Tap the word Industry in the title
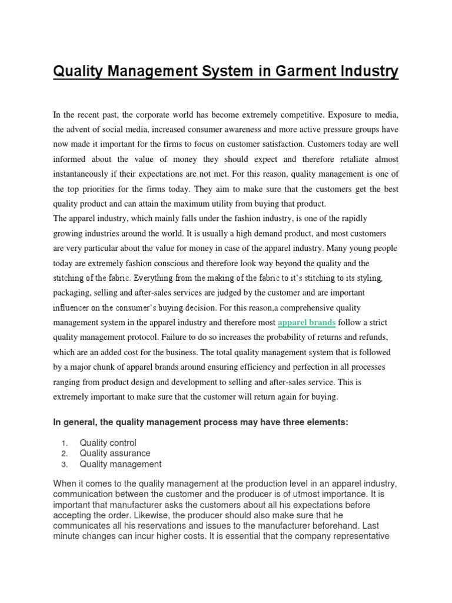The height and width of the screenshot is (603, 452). tap(366, 72)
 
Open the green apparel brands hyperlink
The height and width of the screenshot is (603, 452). tap(307, 322)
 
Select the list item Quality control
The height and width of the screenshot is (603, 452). tap(108, 442)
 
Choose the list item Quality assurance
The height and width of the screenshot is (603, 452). tap(115, 453)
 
